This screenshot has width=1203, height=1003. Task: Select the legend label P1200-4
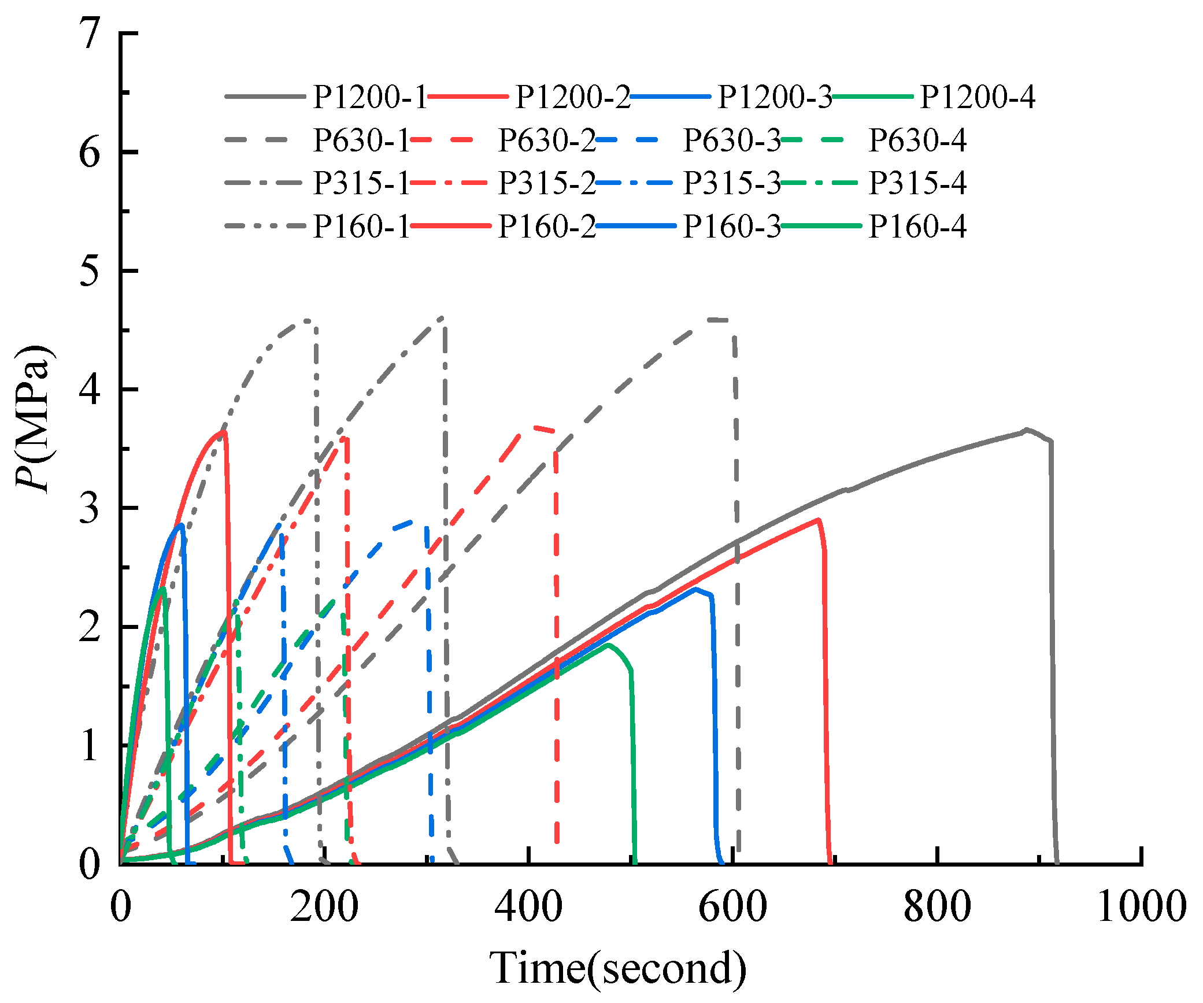pyautogui.click(x=978, y=97)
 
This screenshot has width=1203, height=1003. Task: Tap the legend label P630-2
pyautogui.click(x=547, y=140)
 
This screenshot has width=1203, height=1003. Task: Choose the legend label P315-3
pyautogui.click(x=732, y=183)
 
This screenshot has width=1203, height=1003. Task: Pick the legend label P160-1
pyautogui.click(x=361, y=227)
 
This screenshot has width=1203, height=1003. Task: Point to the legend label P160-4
pyautogui.click(x=917, y=227)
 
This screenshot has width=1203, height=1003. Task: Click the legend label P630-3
pyautogui.click(x=732, y=140)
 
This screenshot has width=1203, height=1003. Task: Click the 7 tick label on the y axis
pyautogui.click(x=90, y=34)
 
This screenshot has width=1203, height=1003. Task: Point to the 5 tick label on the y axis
pyautogui.click(x=90, y=271)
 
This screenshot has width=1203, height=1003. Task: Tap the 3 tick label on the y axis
pyautogui.click(x=90, y=508)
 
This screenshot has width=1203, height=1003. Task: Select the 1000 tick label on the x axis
pyautogui.click(x=1141, y=906)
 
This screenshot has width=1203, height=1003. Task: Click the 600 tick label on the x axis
pyautogui.click(x=732, y=906)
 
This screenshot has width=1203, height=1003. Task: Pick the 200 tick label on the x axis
pyautogui.click(x=324, y=906)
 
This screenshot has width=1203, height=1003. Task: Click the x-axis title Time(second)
pyautogui.click(x=617, y=968)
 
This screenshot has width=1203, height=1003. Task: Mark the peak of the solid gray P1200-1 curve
pyautogui.click(x=1026, y=430)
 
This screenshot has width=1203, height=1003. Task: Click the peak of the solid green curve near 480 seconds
pyautogui.click(x=608, y=645)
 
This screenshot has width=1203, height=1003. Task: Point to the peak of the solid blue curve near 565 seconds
pyautogui.click(x=696, y=589)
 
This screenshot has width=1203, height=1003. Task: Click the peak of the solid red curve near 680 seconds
pyautogui.click(x=818, y=520)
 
